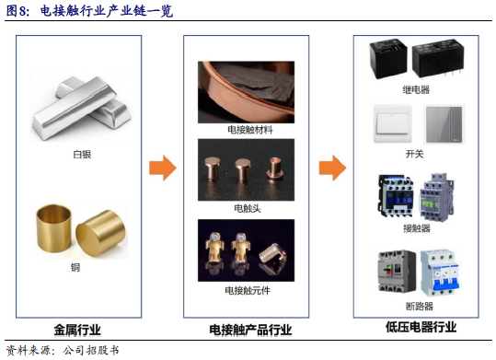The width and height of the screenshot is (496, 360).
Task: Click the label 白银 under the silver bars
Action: coord(82,155)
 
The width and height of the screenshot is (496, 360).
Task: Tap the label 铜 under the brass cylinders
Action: coord(75,267)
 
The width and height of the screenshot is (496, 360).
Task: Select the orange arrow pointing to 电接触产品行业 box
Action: coord(163,168)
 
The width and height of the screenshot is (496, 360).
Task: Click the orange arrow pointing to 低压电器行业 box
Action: coord(332,168)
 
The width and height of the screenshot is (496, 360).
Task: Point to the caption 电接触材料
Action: coord(250,130)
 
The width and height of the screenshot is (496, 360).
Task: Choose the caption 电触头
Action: coord(248,208)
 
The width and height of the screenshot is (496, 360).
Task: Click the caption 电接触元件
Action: coord(248,290)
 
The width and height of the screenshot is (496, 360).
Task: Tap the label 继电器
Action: coord(416,90)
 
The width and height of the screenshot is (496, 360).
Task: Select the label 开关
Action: coord(414,154)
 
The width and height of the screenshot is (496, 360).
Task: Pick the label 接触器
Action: coord(417,228)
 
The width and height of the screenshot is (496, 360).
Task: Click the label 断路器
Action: coord(419,307)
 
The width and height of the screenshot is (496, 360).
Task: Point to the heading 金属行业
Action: coord(77,330)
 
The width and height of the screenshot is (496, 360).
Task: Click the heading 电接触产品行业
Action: coord(250,330)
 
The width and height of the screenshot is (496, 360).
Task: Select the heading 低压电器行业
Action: coord(421,327)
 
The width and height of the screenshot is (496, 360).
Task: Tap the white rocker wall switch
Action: coord(393,123)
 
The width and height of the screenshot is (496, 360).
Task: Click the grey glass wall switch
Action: coord(444,124)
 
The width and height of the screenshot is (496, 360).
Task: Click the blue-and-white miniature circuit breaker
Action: coord(439,273)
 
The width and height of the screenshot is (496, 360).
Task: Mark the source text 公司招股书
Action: coord(90,351)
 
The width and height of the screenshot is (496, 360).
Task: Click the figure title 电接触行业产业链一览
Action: coord(107,11)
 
